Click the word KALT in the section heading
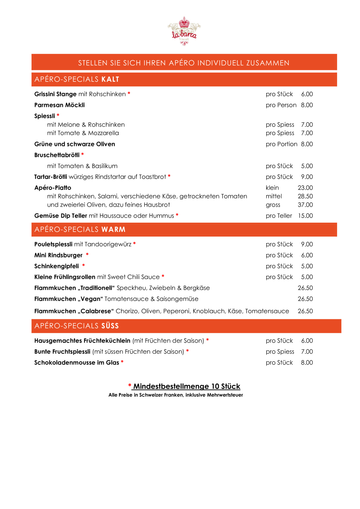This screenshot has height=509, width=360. (110, 79)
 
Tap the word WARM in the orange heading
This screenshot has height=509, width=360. (113, 230)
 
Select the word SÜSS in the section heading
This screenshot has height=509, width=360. (110, 326)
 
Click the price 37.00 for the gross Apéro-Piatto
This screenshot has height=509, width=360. (305, 205)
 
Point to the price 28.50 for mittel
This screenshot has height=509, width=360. (305, 196)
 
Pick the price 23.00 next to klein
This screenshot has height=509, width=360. (305, 188)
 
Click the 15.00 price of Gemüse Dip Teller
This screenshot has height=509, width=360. (305, 216)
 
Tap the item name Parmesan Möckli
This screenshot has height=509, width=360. (60, 105)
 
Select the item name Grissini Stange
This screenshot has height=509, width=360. (55, 94)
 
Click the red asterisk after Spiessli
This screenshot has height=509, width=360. (58, 115)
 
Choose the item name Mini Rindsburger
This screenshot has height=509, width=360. (58, 255)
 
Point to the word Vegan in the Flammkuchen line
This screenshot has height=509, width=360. (90, 299)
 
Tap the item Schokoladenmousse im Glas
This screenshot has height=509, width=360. (77, 363)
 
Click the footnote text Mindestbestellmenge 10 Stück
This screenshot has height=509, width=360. (187, 386)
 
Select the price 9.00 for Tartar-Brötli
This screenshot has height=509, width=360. (307, 177)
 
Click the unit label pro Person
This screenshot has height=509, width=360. (281, 105)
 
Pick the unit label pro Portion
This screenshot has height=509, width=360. (281, 144)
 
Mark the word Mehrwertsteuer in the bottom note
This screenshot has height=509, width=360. (225, 395)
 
